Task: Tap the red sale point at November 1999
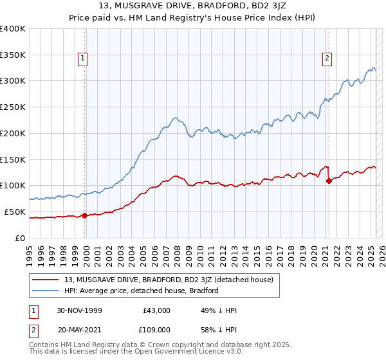[85, 215]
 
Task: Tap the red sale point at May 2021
[329, 181]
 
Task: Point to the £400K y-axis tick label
[13, 29]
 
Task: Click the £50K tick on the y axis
[15, 212]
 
